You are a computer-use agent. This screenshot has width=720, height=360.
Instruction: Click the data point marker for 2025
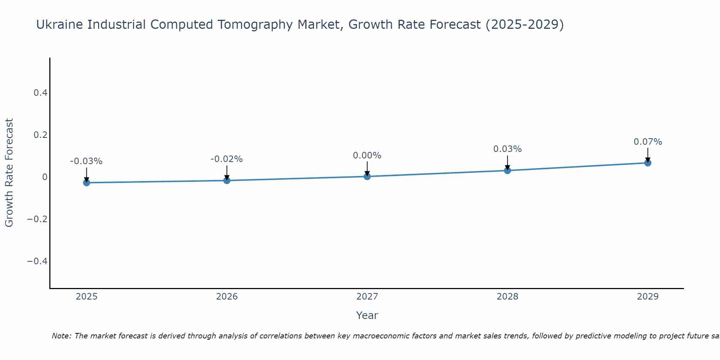pos(86,183)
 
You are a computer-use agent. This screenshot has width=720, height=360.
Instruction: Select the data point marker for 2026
pos(227,180)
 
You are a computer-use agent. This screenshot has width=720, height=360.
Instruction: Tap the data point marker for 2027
pos(367,176)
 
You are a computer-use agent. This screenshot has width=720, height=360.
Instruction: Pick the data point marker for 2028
pos(507,170)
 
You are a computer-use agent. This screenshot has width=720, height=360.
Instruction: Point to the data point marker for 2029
pos(648,163)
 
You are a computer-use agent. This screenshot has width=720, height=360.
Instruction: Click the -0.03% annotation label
pos(86,161)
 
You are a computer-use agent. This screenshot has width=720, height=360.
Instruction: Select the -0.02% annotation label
pos(227,159)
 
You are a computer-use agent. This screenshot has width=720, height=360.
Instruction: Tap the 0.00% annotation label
pos(367,156)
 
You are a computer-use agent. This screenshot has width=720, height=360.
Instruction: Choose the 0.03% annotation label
pos(507,149)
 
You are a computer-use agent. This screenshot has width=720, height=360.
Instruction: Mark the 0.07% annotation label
pos(648,142)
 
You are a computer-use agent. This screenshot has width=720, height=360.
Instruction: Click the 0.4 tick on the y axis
pos(40,93)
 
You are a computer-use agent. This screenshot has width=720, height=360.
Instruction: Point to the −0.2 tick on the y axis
pos(37,219)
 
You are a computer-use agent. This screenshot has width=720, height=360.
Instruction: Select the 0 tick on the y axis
pos(45,177)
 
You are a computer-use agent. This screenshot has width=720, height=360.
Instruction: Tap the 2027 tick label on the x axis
pos(367,297)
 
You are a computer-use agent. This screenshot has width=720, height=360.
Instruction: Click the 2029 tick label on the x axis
pos(648,297)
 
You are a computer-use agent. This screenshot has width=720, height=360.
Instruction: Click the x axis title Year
pos(367,315)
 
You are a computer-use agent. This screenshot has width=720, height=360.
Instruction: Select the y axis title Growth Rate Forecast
pos(9,173)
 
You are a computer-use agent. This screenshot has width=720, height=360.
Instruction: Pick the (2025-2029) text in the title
pos(525,25)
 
